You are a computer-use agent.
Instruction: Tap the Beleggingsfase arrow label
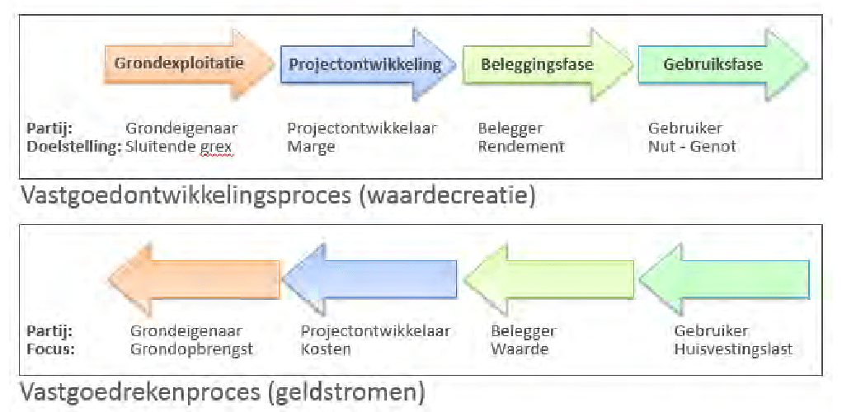[537, 64]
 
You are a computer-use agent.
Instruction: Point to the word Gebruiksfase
[713, 64]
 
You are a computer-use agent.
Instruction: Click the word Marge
[311, 147]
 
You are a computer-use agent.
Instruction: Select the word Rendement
[521, 147]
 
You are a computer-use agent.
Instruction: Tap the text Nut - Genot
[692, 147]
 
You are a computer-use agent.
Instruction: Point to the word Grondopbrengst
[191, 349]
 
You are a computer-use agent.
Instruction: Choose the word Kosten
[326, 349]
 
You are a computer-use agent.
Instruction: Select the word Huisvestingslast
[733, 349]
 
